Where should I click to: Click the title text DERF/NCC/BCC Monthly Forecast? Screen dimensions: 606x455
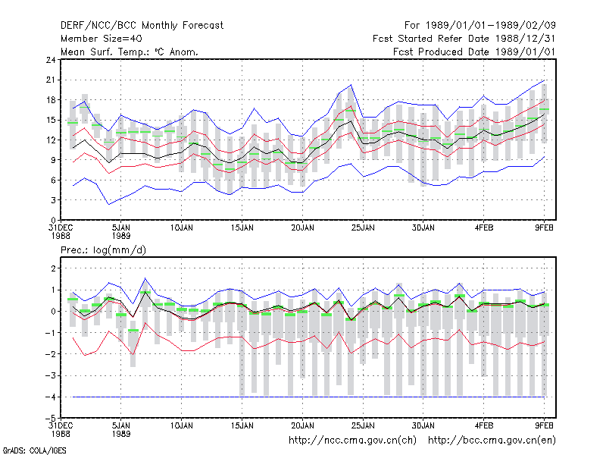(x=142, y=26)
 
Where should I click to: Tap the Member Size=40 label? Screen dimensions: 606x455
(x=102, y=39)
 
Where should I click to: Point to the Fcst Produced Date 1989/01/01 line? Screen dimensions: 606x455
(x=474, y=52)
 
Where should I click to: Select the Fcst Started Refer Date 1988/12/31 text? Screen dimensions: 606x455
(x=464, y=39)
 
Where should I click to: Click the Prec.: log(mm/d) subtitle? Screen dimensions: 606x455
(x=103, y=250)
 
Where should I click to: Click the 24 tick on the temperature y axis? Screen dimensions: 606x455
(x=51, y=60)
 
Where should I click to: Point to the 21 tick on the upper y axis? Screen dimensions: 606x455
(x=51, y=80)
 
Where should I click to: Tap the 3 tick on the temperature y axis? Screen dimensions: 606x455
(x=53, y=200)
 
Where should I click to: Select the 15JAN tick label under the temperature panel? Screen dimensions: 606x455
(x=242, y=228)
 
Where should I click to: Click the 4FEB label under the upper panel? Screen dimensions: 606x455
(x=484, y=228)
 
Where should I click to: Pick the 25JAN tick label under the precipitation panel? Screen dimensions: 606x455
(x=363, y=426)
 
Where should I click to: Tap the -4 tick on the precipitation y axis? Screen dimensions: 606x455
(x=50, y=397)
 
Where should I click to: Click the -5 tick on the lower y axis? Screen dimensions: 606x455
(x=50, y=419)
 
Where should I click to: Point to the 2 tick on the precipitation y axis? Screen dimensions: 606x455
(x=53, y=268)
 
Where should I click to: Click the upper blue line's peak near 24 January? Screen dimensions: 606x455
(x=351, y=85)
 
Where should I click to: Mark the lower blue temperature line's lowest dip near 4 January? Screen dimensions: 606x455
(x=109, y=204)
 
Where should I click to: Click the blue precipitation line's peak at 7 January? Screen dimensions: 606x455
(x=145, y=278)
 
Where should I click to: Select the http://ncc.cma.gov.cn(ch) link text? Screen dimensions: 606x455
(x=352, y=441)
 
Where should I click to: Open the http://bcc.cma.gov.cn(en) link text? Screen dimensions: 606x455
(x=492, y=441)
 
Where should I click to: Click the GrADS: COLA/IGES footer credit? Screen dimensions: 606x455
(x=34, y=450)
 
